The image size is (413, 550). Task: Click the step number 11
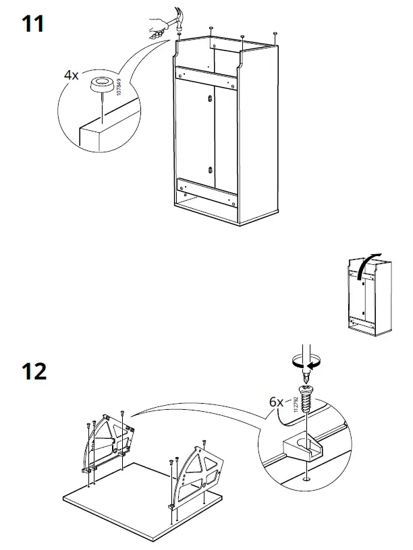pyautogui.click(x=33, y=24)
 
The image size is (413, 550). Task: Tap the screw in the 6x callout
pyautogui.click(x=305, y=398)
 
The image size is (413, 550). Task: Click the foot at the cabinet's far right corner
pyautogui.click(x=275, y=33)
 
